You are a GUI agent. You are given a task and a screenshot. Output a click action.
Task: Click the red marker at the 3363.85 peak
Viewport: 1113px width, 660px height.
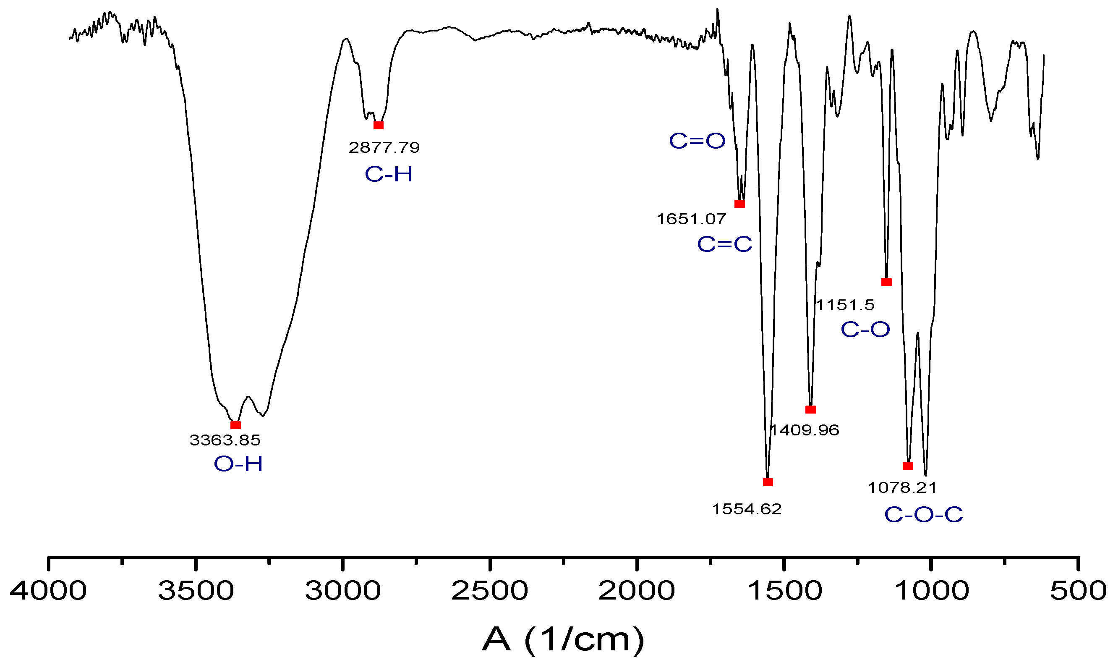coord(235,425)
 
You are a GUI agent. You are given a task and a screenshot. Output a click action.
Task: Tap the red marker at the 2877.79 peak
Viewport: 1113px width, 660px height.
coord(378,126)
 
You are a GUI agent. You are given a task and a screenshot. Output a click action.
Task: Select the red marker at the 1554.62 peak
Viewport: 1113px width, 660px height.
coord(768,482)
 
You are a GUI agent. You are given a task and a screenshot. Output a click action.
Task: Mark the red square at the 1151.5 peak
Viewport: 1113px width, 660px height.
coord(886,282)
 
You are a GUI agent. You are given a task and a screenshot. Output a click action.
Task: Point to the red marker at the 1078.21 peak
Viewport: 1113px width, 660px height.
coord(908,466)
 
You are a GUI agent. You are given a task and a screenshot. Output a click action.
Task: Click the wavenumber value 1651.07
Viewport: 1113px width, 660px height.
coord(691,219)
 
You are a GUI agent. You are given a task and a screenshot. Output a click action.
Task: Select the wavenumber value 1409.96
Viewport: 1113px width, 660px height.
coord(804,430)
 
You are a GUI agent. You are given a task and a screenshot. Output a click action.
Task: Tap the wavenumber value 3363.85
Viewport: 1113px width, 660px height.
coord(225,440)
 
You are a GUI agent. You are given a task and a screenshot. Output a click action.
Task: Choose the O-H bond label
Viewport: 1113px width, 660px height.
coord(238,464)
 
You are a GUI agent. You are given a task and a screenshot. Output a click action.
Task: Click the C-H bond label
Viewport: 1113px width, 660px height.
coord(389,174)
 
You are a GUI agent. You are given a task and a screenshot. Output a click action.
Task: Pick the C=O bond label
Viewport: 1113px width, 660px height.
coord(697,141)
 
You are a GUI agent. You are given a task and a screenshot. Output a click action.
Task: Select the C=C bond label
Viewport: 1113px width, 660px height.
coord(724,244)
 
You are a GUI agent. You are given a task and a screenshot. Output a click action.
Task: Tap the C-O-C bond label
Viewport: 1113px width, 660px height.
coord(923,515)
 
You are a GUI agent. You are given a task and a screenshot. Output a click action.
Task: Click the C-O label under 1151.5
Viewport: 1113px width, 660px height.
coord(865,330)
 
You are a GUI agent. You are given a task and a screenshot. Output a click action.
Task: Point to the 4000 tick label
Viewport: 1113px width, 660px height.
coord(48,591)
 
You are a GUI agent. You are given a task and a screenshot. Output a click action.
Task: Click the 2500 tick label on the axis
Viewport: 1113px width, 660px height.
coord(489,591)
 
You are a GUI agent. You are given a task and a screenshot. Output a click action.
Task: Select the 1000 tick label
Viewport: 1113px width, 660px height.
coord(931,591)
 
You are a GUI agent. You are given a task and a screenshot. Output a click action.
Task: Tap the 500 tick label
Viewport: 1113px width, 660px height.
coord(1078,591)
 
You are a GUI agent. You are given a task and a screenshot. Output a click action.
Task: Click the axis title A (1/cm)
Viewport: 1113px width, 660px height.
coord(563,640)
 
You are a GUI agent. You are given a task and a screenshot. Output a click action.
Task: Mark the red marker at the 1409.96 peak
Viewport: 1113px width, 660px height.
coord(810,410)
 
